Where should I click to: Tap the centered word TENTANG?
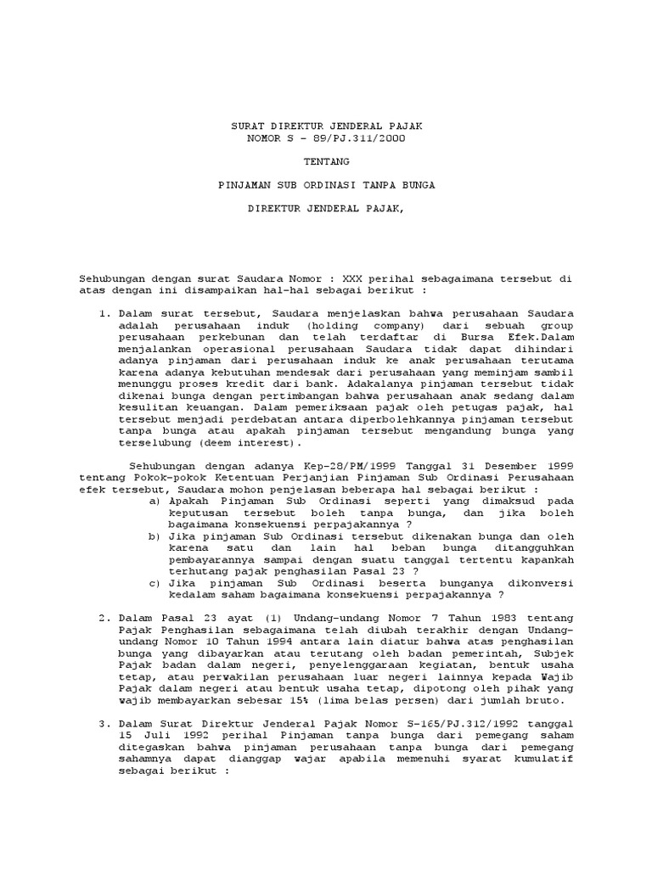[326, 160]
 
